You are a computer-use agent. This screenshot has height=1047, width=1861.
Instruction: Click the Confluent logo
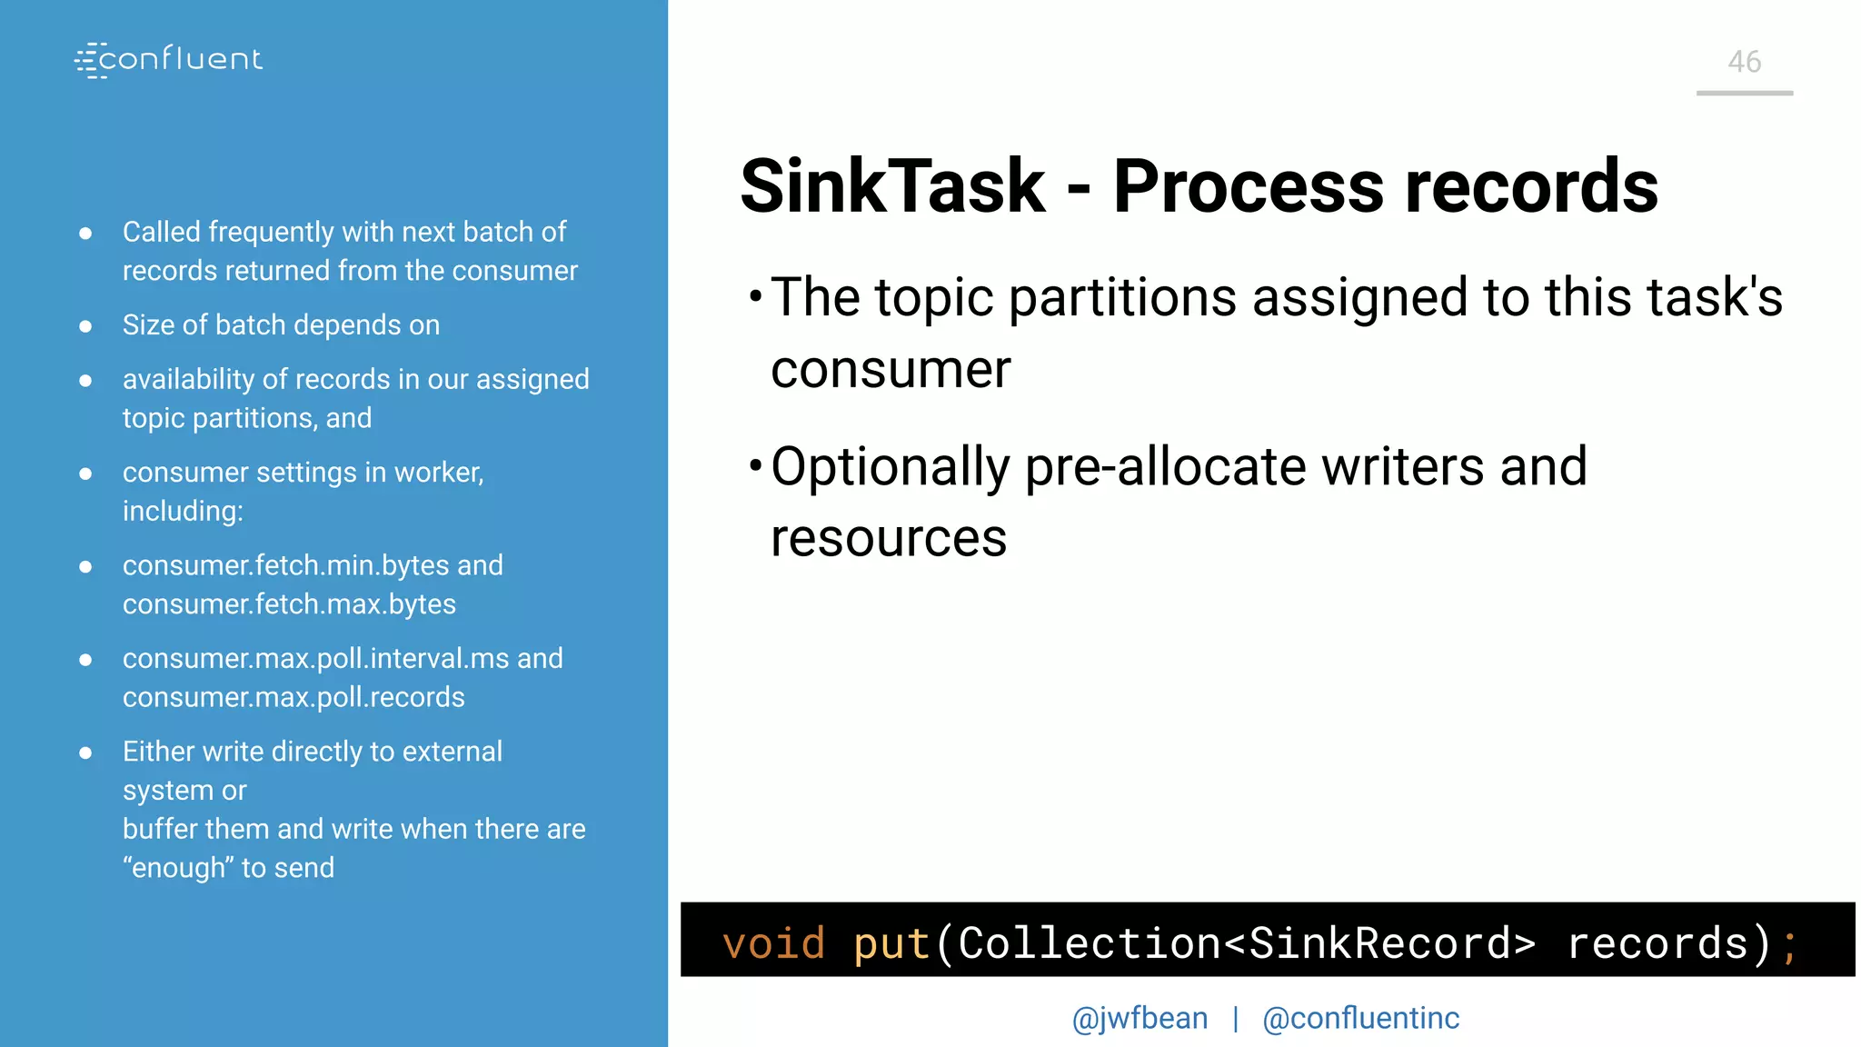click(x=169, y=60)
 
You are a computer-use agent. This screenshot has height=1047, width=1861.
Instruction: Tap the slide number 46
click(x=1744, y=62)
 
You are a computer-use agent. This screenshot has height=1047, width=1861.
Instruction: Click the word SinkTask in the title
click(x=892, y=186)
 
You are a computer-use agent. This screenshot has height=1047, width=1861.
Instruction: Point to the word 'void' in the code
click(x=773, y=942)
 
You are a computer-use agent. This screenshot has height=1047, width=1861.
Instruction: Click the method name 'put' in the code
click(x=891, y=942)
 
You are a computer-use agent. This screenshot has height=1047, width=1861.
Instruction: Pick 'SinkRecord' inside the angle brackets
click(x=1379, y=942)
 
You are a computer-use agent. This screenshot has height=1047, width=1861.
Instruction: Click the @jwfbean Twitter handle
click(x=1139, y=1018)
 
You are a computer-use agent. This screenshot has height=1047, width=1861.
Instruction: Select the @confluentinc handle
click(x=1360, y=1018)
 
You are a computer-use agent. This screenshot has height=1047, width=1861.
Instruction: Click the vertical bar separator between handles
click(x=1236, y=1018)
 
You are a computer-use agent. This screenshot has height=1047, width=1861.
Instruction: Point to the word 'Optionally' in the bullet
click(x=890, y=467)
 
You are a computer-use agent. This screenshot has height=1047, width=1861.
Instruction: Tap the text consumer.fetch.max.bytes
click(x=289, y=604)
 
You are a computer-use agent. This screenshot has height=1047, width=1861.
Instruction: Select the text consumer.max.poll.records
click(x=294, y=697)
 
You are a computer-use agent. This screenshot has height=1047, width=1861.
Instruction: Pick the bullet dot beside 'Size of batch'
click(x=85, y=325)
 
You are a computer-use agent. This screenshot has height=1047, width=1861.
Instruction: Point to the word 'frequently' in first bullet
click(x=271, y=233)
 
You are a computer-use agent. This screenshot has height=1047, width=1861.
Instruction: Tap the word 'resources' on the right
click(x=889, y=538)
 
